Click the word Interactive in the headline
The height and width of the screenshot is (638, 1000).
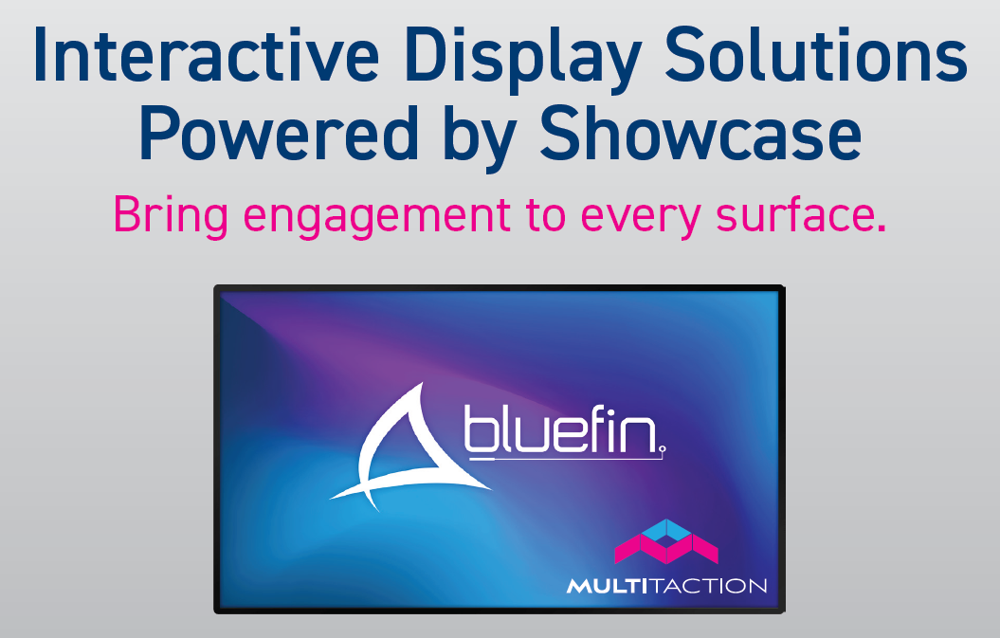click(x=206, y=55)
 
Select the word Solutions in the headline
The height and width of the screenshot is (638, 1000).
click(x=816, y=55)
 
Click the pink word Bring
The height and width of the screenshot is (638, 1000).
click(x=171, y=216)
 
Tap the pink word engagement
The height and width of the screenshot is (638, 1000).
click(x=377, y=218)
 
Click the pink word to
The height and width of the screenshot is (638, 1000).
click(x=546, y=215)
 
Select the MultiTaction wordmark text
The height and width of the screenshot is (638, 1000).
click(x=666, y=586)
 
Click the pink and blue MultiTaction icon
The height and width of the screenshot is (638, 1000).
click(x=665, y=541)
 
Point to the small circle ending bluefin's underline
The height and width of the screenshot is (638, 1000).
click(x=663, y=449)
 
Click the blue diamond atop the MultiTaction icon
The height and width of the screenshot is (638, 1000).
click(x=666, y=531)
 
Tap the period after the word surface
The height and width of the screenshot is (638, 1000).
click(x=882, y=228)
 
